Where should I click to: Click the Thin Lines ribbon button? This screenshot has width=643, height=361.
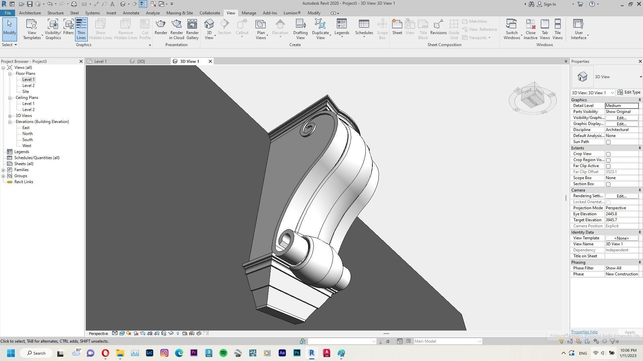[x=81, y=29]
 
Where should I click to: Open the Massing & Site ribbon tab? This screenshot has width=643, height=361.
[x=180, y=13]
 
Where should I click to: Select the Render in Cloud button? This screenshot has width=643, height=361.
[x=176, y=29]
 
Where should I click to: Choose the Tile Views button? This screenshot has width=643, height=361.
[x=557, y=29]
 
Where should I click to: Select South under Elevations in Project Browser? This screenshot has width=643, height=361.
[x=27, y=140]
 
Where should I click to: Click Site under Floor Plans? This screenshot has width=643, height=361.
[x=25, y=92]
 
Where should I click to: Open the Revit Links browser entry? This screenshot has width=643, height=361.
[x=23, y=182]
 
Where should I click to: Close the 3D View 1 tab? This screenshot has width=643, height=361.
[x=210, y=62]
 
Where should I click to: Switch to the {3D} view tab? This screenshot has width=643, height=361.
[x=141, y=62]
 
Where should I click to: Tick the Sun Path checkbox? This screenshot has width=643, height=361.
[x=608, y=142]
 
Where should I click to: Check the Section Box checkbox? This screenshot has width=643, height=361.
[x=608, y=184]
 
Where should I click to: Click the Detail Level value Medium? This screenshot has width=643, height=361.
[x=621, y=106]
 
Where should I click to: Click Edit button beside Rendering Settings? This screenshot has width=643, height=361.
[x=621, y=196]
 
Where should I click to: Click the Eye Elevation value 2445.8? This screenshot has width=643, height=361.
[x=621, y=214]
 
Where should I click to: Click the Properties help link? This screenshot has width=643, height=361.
[x=584, y=332]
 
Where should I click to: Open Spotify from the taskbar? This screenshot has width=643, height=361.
[x=223, y=353]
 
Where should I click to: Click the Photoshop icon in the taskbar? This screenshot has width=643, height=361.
[x=297, y=353]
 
